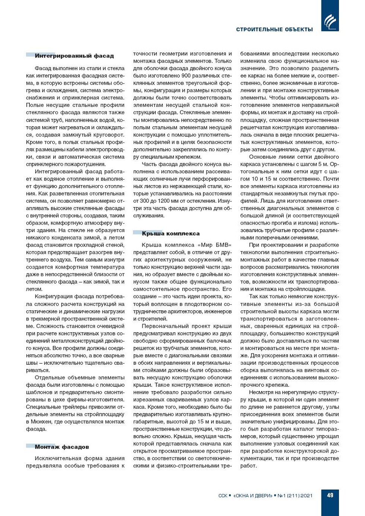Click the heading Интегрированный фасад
pos(74,56)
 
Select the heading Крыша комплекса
pos(171,234)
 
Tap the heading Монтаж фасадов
pos(62,447)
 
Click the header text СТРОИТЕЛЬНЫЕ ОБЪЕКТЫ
pos(274,29)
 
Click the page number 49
pos(330,495)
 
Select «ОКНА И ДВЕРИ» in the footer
pos(253,496)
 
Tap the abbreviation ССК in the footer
pos(222,496)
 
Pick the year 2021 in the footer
pos(306,496)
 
